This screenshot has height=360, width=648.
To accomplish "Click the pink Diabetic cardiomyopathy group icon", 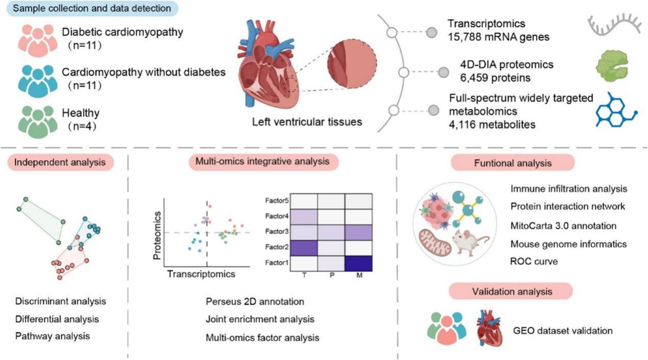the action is click(x=37, y=40).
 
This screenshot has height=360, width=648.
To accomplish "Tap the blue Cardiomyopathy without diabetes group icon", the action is click(x=37, y=81).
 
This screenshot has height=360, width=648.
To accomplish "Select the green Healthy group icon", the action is click(x=37, y=122).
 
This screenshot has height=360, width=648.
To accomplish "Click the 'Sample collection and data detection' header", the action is click(x=92, y=8).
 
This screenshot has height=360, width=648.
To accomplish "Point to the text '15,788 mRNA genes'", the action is click(x=498, y=37).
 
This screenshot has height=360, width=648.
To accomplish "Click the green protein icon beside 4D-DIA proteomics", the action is click(x=612, y=66).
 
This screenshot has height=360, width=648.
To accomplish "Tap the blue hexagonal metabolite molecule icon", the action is click(x=616, y=110).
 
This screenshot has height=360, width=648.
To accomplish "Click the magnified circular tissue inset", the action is click(x=352, y=63).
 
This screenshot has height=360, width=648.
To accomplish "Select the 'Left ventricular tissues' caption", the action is click(x=307, y=122).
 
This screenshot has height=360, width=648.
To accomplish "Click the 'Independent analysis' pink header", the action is click(x=60, y=162).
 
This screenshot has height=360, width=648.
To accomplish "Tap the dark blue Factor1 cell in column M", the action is click(x=359, y=263).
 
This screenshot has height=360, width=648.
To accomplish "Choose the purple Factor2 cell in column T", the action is click(x=304, y=248).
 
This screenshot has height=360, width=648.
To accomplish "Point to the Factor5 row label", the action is click(x=277, y=201).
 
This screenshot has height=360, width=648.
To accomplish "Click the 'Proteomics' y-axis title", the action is click(x=157, y=236).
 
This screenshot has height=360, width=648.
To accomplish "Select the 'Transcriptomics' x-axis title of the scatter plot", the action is click(x=201, y=274).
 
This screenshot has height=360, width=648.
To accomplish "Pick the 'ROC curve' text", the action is click(x=534, y=261).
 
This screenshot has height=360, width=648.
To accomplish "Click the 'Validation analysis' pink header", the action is click(x=511, y=291).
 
